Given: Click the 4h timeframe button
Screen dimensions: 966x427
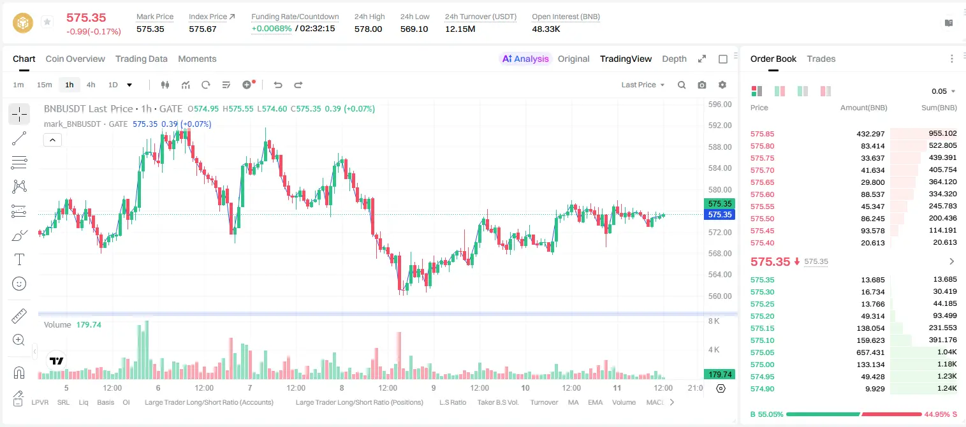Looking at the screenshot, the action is pyautogui.click(x=91, y=85).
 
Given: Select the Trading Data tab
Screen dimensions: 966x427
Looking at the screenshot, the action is pyautogui.click(x=142, y=59).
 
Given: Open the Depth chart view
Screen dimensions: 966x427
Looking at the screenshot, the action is pyautogui.click(x=674, y=59).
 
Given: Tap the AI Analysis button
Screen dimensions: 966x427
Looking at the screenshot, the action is pyautogui.click(x=525, y=59).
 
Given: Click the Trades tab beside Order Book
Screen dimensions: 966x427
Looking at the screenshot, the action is pyautogui.click(x=821, y=59).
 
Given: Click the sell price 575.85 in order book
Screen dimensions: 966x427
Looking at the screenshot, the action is pyautogui.click(x=762, y=134).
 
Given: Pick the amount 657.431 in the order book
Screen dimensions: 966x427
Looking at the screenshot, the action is pyautogui.click(x=870, y=352).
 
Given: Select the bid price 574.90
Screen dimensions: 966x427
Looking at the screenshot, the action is pyautogui.click(x=762, y=389).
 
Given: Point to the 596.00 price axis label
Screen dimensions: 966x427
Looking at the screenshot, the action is pyautogui.click(x=720, y=105).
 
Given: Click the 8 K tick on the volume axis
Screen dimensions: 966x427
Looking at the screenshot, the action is pyautogui.click(x=714, y=321).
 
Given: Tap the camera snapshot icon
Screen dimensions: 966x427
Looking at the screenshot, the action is pyautogui.click(x=702, y=85).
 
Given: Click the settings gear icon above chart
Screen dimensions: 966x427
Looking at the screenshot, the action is pyautogui.click(x=722, y=85).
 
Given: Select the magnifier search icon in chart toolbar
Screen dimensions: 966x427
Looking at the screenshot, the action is pyautogui.click(x=682, y=85).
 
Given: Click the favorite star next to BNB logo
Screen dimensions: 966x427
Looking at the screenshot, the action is pyautogui.click(x=47, y=22).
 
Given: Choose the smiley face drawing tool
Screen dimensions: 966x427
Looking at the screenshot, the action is pyautogui.click(x=19, y=284).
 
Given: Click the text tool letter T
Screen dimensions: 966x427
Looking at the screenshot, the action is pyautogui.click(x=19, y=259).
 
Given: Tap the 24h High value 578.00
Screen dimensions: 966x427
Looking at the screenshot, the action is pyautogui.click(x=369, y=29).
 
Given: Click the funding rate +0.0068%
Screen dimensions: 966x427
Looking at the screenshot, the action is pyautogui.click(x=272, y=29).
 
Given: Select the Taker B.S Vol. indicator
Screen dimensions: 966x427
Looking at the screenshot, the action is pyautogui.click(x=497, y=402).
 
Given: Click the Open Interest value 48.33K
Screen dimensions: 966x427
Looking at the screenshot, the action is pyautogui.click(x=546, y=29).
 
